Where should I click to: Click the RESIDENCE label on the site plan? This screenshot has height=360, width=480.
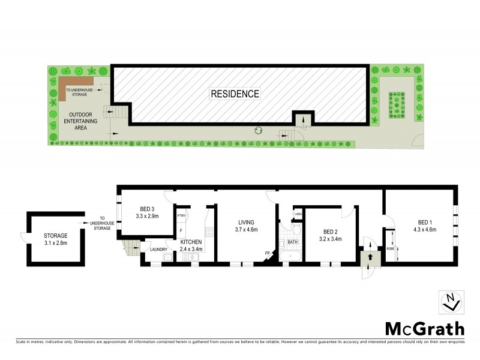235,94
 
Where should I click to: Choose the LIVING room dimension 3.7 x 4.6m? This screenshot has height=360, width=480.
247,229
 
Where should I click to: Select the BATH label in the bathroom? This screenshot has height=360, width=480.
292,242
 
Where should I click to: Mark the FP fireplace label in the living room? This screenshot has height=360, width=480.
268,253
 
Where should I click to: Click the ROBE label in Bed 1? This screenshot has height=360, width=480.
391,248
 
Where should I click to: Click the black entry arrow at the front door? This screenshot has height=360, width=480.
370,257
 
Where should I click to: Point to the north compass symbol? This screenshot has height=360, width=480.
451,302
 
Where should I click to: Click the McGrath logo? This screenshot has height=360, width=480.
424,329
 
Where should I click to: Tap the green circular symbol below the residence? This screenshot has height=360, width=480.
259,130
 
